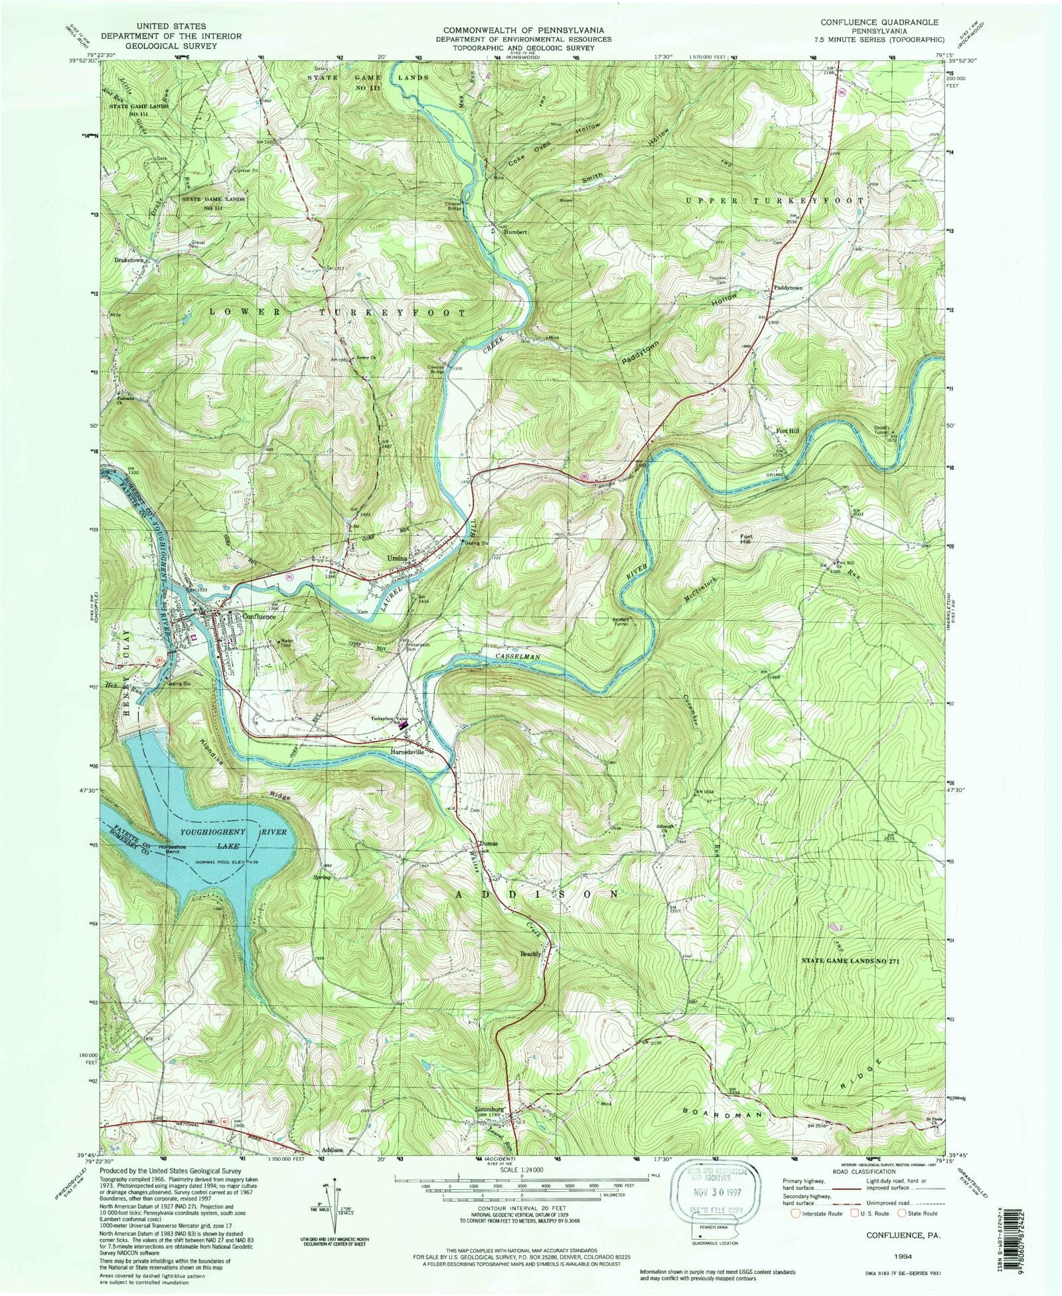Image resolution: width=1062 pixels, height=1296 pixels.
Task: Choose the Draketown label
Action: (x=129, y=261)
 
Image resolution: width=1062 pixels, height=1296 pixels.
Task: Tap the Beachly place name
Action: (x=531, y=954)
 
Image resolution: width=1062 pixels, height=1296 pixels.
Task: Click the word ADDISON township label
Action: (x=538, y=894)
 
